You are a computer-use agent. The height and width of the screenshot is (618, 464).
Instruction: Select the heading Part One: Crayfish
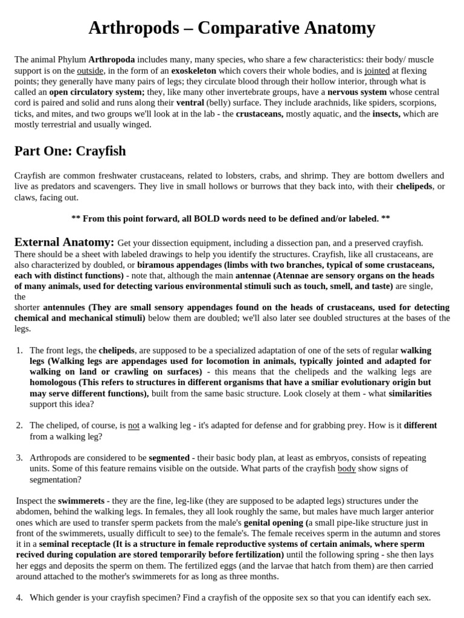[70, 150]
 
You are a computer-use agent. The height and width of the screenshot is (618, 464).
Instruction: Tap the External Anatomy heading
[64, 242]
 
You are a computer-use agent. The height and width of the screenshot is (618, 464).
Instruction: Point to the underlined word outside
[90, 71]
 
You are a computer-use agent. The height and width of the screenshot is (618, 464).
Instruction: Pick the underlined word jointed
[377, 71]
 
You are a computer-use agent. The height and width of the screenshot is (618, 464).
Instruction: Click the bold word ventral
[190, 103]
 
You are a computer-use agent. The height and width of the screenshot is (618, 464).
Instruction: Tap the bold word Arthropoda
[112, 60]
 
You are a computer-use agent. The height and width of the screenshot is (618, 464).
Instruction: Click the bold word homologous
[53, 383]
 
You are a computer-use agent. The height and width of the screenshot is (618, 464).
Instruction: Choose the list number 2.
[19, 425]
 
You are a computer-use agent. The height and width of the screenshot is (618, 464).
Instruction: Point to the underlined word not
[134, 425]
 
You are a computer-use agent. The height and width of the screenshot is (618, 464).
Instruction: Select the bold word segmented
[169, 457]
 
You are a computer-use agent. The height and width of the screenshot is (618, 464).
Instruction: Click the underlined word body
[346, 468]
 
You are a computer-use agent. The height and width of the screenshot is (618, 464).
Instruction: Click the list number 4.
[19, 597]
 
